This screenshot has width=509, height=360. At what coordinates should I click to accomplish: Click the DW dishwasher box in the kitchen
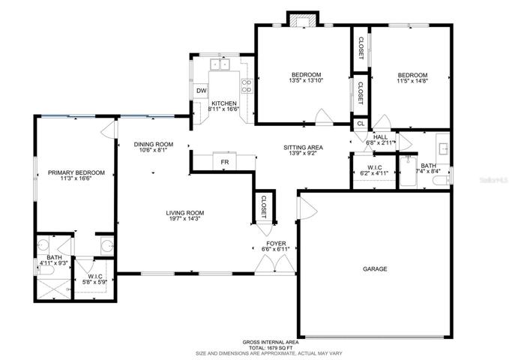(x=202, y=91)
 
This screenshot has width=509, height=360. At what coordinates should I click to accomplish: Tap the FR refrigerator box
(x=225, y=161)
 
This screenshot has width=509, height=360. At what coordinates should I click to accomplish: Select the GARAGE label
(x=375, y=268)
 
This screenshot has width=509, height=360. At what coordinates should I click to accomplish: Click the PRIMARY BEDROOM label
(x=76, y=172)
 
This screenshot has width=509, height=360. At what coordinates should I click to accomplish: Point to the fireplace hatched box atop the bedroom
(x=303, y=22)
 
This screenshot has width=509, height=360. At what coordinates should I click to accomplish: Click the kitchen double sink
(x=220, y=64)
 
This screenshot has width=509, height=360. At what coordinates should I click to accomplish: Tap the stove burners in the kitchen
(x=247, y=85)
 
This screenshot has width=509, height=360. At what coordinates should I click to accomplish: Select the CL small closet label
(x=361, y=124)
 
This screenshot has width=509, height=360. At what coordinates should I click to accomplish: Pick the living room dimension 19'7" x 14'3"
(x=185, y=219)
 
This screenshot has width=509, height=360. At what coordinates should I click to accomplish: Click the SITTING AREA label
(x=303, y=148)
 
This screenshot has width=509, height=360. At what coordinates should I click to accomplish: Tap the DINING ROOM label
(x=154, y=144)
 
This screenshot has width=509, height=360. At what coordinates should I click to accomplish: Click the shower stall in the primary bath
(x=53, y=289)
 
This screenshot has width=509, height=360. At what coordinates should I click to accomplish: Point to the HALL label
(x=380, y=137)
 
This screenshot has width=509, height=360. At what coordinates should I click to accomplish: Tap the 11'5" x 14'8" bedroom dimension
(x=412, y=80)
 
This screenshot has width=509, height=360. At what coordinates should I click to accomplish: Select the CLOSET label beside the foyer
(x=263, y=207)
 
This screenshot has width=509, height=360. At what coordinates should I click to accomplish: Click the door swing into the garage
(x=307, y=208)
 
